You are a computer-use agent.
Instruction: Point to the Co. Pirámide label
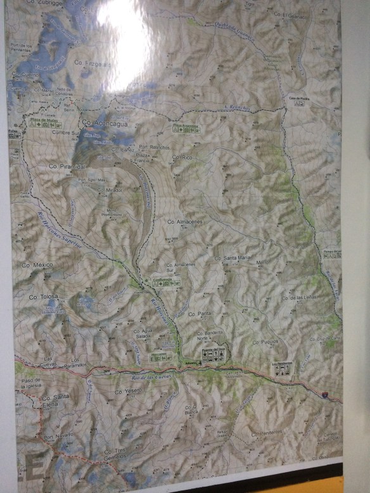point(67,166)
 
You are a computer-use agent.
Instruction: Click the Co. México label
point(37,264)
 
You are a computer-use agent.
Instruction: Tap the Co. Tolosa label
point(43,296)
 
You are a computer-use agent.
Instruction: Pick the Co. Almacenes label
point(184,221)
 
